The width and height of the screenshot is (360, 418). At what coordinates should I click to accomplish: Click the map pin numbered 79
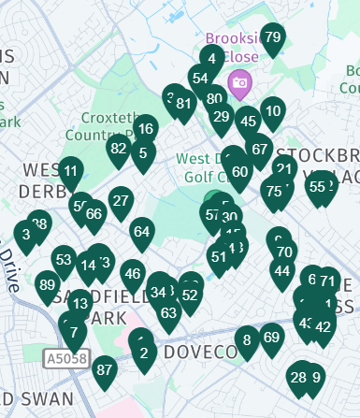point(273,38)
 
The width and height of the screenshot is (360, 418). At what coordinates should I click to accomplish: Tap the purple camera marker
point(240,84)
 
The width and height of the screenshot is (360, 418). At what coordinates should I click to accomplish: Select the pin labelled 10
point(273,112)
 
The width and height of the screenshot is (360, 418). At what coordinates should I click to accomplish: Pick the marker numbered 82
point(118,149)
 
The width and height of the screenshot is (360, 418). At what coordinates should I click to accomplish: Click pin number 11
point(71,172)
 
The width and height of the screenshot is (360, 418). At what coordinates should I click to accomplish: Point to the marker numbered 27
point(121,201)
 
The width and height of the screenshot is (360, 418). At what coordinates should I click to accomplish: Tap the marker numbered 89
point(48,285)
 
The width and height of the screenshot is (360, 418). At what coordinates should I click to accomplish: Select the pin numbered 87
point(105,370)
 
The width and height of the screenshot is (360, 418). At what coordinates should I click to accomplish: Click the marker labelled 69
point(271,339)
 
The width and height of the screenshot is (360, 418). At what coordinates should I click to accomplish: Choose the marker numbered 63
point(169,313)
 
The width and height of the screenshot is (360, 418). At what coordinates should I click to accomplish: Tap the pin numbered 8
point(247,340)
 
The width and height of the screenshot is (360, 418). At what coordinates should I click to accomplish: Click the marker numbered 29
point(222,117)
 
